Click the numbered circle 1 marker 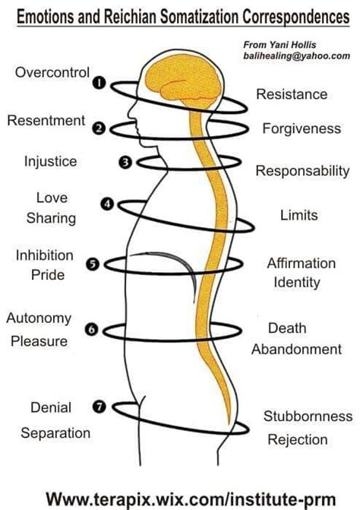(98, 84)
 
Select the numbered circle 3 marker (126, 162)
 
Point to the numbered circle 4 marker (108, 204)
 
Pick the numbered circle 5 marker (93, 264)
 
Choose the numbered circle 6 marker (93, 330)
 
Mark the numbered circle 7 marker (99, 407)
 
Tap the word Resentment (46, 120)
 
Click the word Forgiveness (302, 128)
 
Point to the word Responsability (302, 171)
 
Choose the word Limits (298, 215)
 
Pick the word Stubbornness (308, 416)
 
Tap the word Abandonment (297, 350)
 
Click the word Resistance (292, 94)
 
